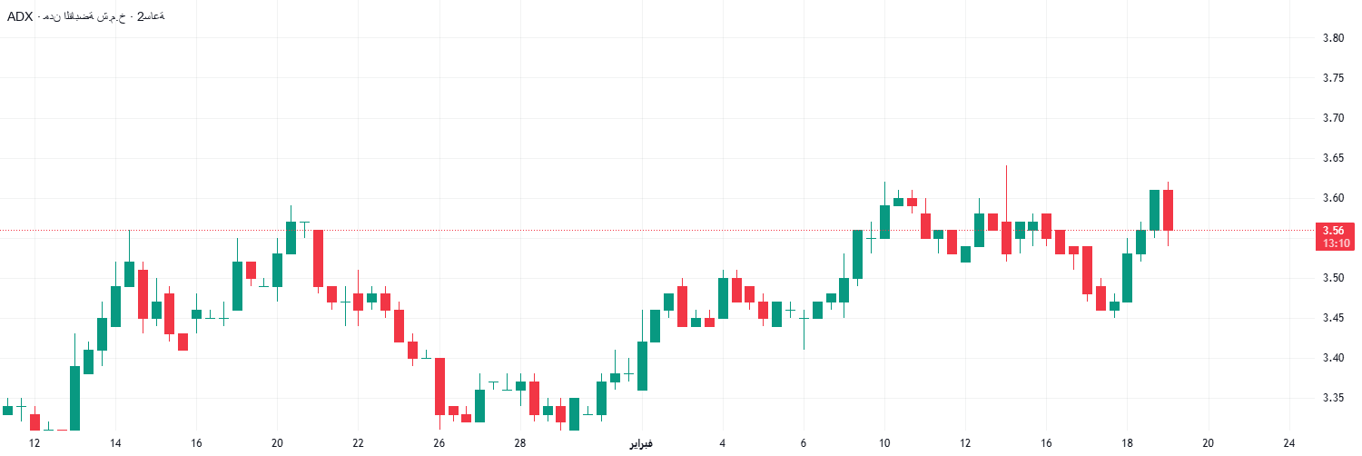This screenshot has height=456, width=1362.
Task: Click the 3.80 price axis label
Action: point(1333,38)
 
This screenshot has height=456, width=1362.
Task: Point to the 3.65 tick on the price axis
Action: point(1333,158)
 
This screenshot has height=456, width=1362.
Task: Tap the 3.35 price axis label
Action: point(1333,398)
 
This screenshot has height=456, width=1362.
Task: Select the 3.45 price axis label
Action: point(1333,318)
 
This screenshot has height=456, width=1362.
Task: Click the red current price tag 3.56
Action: point(1333,231)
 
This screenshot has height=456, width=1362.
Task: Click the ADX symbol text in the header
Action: point(20,16)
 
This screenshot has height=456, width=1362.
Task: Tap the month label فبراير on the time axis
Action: point(641,443)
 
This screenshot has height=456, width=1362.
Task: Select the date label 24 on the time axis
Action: point(1289,443)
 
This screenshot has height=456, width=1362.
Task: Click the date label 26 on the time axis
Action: point(439,443)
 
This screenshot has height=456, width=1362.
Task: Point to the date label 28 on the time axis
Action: point(520,443)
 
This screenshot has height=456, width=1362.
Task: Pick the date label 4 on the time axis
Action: point(722,443)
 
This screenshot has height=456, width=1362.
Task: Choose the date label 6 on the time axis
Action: point(804,443)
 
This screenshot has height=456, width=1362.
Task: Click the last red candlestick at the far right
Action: point(1169,210)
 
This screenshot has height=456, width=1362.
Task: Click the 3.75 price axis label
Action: point(1333,78)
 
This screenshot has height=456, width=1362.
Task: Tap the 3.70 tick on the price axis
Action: point(1333,118)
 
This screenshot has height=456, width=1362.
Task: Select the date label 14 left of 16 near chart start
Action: point(115,443)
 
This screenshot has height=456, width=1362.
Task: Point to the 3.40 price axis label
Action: point(1333,358)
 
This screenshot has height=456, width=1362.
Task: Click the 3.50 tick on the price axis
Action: point(1333,278)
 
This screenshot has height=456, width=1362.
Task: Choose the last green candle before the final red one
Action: point(1155,210)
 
